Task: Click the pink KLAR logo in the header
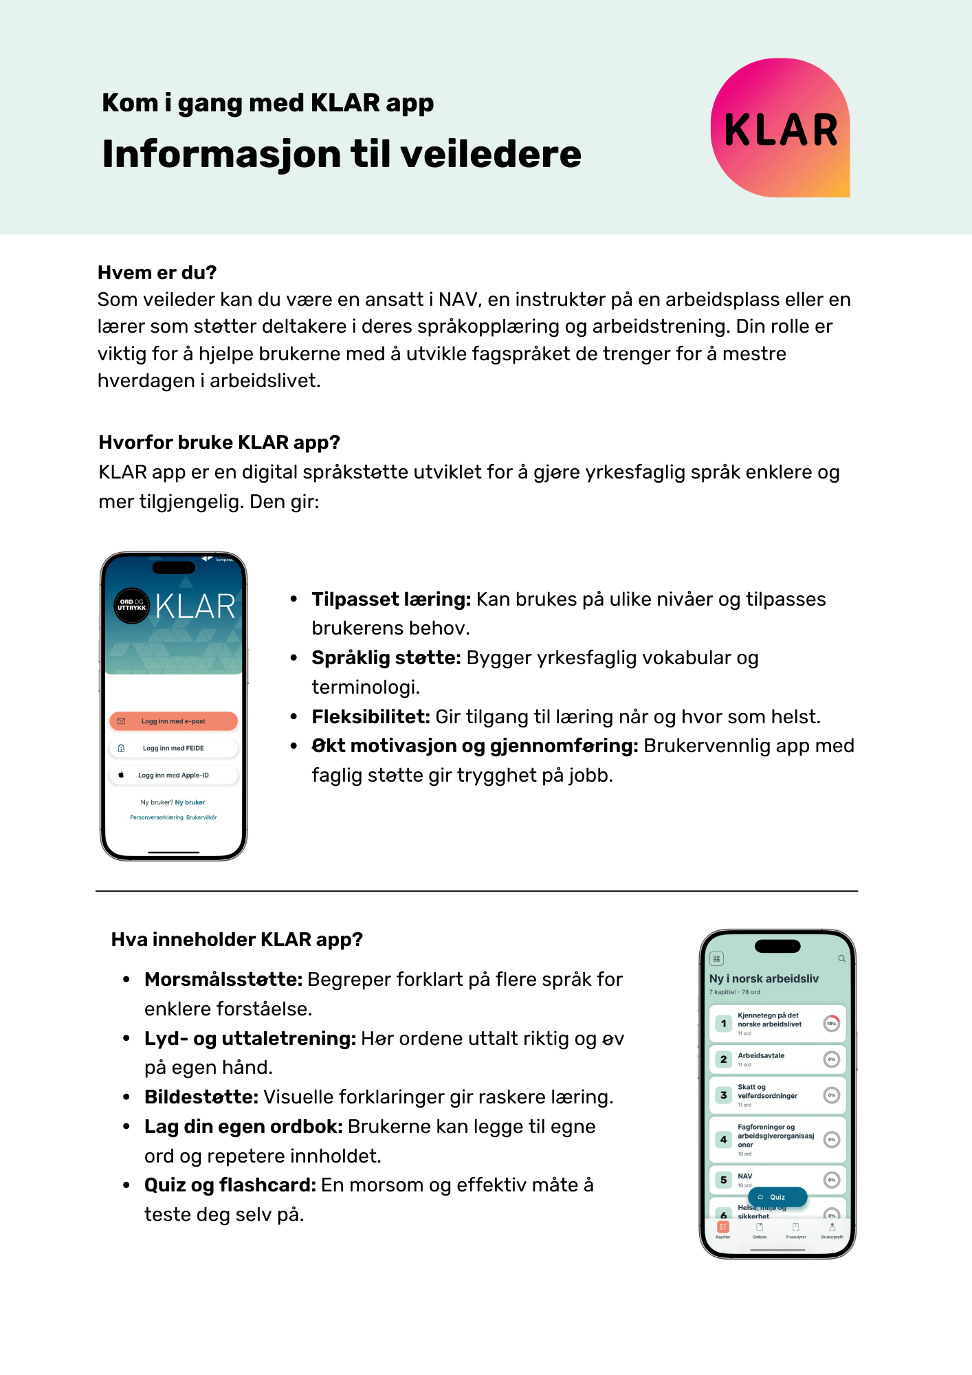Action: (x=780, y=128)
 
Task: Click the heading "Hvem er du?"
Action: (x=157, y=273)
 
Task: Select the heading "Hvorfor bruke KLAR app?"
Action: (x=219, y=442)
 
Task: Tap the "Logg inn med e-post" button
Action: (x=173, y=721)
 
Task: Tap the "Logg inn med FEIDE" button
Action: (x=173, y=748)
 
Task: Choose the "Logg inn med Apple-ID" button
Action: (x=173, y=775)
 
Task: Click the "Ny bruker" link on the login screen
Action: (x=190, y=802)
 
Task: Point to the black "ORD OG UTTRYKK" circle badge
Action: (x=131, y=606)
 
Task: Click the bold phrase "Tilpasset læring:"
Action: (x=391, y=599)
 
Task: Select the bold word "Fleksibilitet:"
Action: (x=371, y=717)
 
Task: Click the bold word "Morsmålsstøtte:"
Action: (x=223, y=980)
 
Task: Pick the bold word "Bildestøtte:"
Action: (x=201, y=1097)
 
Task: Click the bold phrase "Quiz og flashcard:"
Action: (x=230, y=1185)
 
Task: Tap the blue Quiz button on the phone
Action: (x=777, y=1197)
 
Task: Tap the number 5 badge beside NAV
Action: (x=723, y=1180)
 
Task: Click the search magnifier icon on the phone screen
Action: (x=841, y=958)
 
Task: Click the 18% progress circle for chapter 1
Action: (x=832, y=1024)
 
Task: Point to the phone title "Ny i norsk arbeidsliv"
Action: (x=764, y=978)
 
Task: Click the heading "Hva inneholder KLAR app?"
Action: (x=236, y=940)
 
